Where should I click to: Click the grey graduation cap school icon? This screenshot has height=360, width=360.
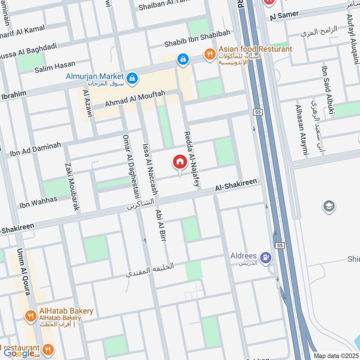[329, 207]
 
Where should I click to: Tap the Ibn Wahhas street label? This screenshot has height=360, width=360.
[38, 202]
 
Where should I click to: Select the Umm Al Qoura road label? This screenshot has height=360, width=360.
[23, 272]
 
